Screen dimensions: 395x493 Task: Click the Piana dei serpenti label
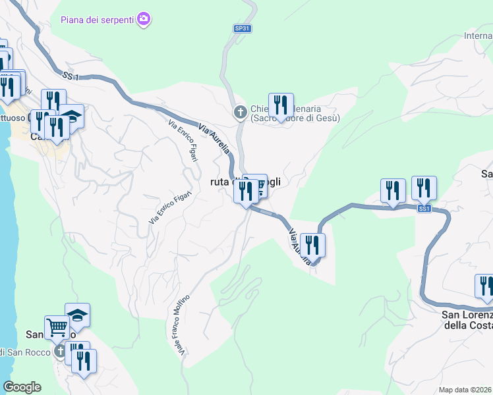[97, 19]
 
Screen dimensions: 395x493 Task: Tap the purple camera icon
[144, 19]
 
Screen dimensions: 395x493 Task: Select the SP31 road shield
[243, 28]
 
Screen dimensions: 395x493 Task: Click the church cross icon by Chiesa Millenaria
[241, 113]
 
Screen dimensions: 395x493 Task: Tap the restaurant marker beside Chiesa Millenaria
[281, 106]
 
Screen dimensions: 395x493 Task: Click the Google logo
[22, 386]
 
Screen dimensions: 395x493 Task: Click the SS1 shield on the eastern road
[424, 209]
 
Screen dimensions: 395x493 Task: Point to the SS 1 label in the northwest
[71, 76]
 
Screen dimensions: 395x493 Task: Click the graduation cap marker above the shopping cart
[77, 315]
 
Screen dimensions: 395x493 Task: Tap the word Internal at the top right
[478, 36]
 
